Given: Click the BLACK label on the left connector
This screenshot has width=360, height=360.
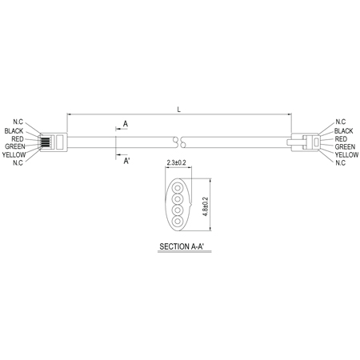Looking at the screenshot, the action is coord(14,131).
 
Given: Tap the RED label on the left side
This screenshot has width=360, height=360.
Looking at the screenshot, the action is coord(18,139).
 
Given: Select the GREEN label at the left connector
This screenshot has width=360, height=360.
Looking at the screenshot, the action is coord(15,146).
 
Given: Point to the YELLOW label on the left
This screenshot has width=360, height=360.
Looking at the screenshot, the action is coord(14,154).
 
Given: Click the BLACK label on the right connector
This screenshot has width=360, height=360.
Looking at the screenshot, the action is coord(343,131).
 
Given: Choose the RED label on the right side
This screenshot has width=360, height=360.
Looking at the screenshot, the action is coord(341,139).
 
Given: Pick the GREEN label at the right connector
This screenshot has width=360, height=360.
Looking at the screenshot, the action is coord(345,146).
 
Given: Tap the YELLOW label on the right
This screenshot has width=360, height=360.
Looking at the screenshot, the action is coord(346,154).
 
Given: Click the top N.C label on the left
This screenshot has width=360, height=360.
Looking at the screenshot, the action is coord(18,122).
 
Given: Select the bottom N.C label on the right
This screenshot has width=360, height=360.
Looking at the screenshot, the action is coord(340,162).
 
